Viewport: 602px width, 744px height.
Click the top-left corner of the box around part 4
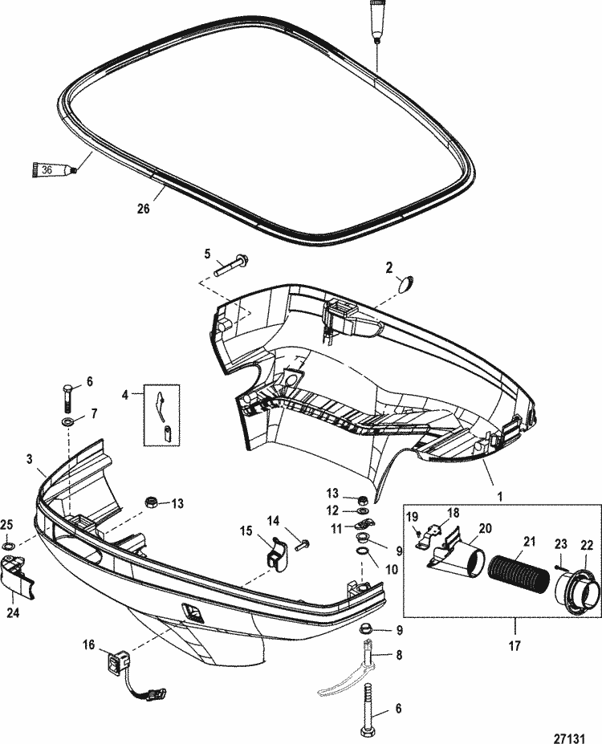(x=144, y=384)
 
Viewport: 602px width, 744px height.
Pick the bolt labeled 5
(x=231, y=266)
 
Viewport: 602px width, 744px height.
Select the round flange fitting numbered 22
(x=575, y=586)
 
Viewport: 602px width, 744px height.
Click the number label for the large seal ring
(x=143, y=209)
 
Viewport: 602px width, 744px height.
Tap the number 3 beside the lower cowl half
(x=30, y=459)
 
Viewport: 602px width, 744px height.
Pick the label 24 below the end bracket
(x=14, y=613)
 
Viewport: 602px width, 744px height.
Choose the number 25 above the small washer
(x=6, y=524)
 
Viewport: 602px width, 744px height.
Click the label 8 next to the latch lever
(x=398, y=655)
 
